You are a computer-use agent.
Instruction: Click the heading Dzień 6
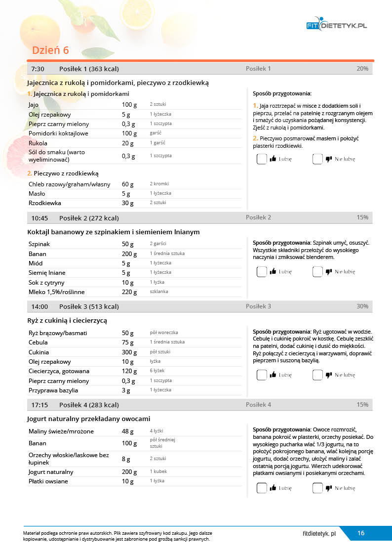click(x=50, y=50)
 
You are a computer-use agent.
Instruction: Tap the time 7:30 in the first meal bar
click(x=38, y=69)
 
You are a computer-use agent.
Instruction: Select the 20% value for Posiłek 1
click(x=362, y=69)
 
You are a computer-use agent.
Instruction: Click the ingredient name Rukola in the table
click(x=38, y=143)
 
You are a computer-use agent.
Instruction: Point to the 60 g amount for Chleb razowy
click(x=128, y=184)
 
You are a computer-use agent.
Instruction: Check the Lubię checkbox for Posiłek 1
click(x=262, y=159)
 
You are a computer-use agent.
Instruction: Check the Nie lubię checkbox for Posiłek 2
click(x=317, y=271)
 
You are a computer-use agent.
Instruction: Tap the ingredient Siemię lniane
click(x=47, y=273)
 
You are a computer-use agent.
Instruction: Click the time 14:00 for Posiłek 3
click(x=39, y=306)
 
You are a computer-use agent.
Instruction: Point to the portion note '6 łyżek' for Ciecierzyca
click(x=157, y=371)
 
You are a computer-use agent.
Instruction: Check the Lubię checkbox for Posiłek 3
click(x=262, y=375)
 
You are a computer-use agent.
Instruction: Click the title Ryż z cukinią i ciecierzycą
click(x=67, y=320)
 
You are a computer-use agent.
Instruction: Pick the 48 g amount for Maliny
click(x=128, y=431)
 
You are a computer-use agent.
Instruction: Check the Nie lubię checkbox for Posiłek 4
click(x=317, y=488)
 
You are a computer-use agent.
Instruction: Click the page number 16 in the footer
click(x=361, y=533)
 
